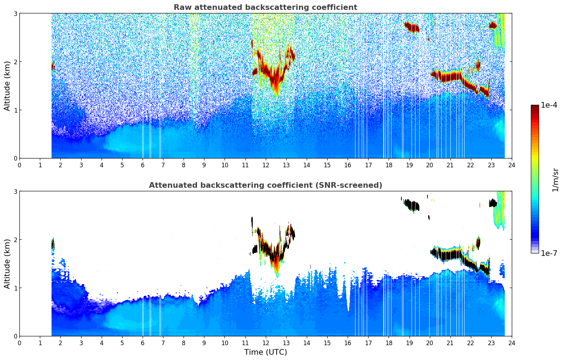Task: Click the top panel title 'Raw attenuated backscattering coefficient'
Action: coord(265,7)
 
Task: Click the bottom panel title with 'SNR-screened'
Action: coord(265,185)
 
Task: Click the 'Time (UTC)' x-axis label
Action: coord(265,352)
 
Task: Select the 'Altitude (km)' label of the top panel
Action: coord(7,86)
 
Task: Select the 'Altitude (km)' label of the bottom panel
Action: coord(7,264)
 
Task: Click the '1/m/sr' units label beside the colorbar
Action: coord(555,180)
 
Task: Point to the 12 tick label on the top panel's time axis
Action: coord(265,165)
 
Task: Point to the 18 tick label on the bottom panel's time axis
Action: coord(389,343)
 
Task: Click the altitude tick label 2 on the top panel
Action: coord(15,62)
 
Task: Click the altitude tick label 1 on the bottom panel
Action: coord(15,288)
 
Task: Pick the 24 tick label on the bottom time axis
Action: coord(512,343)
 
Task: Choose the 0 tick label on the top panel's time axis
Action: coord(19,165)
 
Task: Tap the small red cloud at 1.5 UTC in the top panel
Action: coord(53,66)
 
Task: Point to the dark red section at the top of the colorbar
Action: coord(535,108)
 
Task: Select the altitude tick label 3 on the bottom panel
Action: coord(15,191)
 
